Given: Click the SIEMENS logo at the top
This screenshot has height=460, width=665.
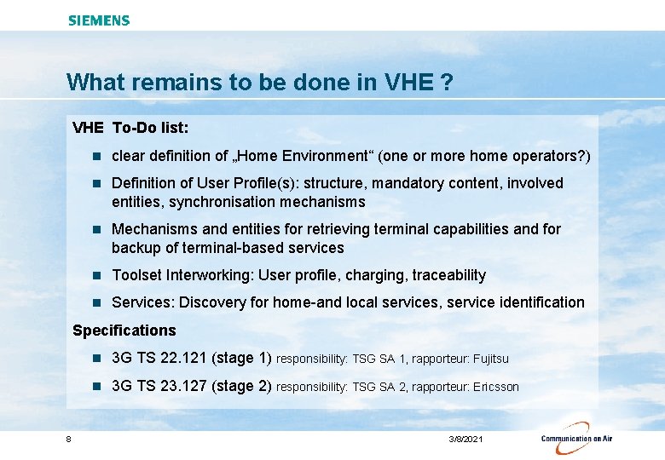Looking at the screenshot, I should [99, 20].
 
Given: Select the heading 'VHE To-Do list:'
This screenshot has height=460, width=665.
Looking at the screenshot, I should [130, 128].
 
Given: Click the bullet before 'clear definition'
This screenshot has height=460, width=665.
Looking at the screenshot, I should [98, 156].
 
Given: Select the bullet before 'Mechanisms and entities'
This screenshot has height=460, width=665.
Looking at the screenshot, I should [98, 229].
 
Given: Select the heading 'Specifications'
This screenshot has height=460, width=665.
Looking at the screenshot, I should [124, 331].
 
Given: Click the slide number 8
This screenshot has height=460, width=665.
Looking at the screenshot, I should [68, 439].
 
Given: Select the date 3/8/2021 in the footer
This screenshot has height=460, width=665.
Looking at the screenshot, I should [465, 439].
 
